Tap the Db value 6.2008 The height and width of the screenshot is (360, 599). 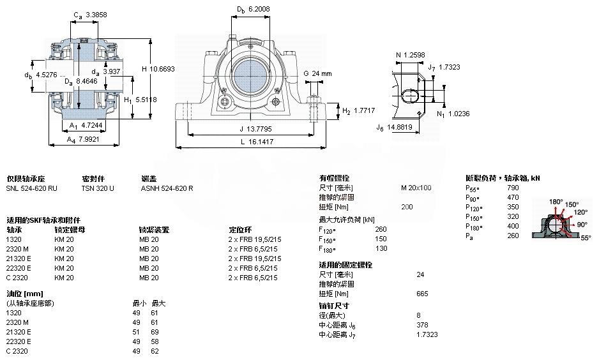click(x=259, y=10)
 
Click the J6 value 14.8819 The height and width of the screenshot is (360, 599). click(x=400, y=127)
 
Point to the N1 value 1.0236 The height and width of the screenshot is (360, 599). click(x=458, y=114)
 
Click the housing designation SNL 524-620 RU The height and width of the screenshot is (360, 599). click(x=31, y=188)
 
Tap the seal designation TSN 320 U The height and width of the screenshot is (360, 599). click(x=98, y=188)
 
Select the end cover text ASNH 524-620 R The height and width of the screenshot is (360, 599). click(x=167, y=188)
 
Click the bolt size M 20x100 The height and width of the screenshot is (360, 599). click(x=416, y=188)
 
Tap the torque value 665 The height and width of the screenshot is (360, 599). click(x=421, y=294)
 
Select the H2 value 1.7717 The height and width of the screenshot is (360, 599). click(x=365, y=110)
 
